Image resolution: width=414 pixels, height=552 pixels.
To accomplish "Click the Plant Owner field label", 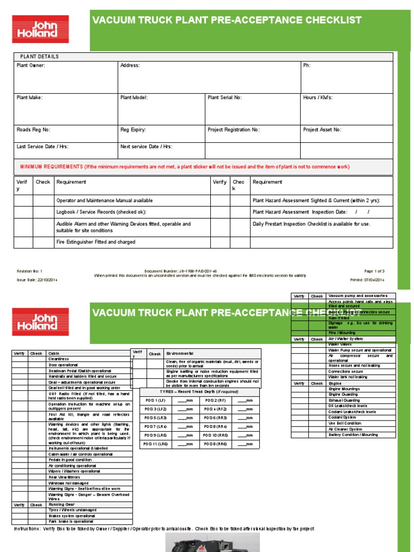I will [31, 66].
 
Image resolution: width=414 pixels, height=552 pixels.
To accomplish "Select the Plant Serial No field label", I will [225, 98].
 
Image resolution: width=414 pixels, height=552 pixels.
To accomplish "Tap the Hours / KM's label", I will [318, 98].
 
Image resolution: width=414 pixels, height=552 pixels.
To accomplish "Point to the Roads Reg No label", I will [33, 130].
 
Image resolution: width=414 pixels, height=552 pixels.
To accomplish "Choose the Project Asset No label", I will [322, 130].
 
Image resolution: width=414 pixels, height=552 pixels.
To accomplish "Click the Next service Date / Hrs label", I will [146, 147].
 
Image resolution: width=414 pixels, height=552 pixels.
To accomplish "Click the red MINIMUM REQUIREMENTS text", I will [51, 167].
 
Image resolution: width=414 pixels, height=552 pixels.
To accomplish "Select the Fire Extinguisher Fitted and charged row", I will [96, 242].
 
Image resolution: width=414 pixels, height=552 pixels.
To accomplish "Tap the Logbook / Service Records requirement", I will [101, 212].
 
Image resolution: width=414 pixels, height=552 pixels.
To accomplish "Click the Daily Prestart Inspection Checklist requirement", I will [312, 224].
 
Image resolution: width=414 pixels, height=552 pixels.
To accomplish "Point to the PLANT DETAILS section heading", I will [39, 57].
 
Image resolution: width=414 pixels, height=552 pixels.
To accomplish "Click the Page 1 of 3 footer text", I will [374, 271].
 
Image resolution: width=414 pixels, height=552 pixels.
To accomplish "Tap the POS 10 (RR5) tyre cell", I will [217, 435].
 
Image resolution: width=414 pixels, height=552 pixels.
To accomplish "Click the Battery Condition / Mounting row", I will [353, 434].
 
